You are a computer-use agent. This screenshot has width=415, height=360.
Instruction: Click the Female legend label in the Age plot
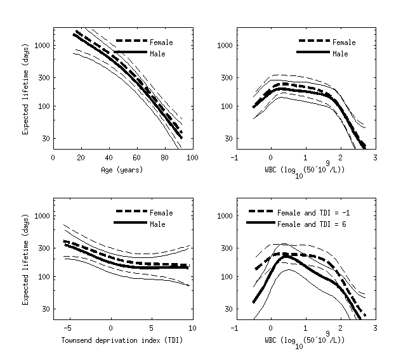(x=161, y=42)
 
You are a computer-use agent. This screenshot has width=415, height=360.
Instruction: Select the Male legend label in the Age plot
(x=158, y=54)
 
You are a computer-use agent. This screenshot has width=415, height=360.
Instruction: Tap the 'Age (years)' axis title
(x=122, y=170)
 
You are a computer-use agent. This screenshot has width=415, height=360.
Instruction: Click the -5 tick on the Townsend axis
(x=69, y=328)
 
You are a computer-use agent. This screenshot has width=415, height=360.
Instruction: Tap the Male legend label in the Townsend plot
(x=158, y=224)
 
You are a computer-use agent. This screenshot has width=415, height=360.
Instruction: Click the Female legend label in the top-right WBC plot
(x=344, y=42)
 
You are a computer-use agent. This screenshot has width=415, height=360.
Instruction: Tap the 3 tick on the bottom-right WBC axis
(x=375, y=328)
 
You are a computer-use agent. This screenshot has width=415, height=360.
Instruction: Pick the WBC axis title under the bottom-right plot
(x=305, y=340)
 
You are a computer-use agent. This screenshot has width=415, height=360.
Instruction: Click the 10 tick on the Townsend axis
(x=192, y=328)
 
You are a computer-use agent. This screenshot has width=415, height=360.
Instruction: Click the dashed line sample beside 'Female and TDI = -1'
(x=260, y=212)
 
